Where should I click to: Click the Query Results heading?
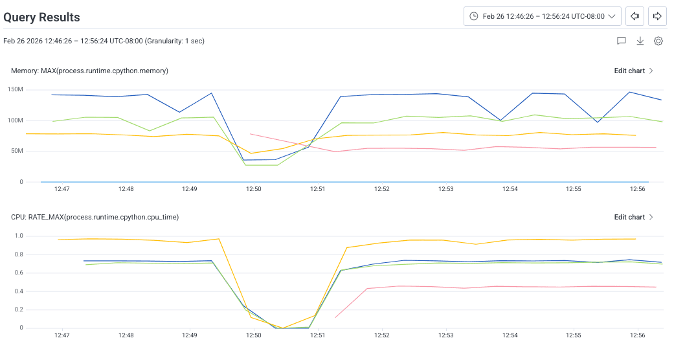point(42,17)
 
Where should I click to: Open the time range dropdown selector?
point(543,16)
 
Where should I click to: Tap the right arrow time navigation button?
point(658,16)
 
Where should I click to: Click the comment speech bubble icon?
point(622,41)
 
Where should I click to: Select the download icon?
point(640,41)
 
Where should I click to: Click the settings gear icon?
point(658,41)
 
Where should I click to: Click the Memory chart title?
point(89,71)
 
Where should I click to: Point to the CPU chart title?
point(95,217)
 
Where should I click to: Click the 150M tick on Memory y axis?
point(15,89)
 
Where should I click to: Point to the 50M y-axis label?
point(16,151)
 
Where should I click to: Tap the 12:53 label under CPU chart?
point(446,335)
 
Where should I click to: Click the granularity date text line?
point(104,41)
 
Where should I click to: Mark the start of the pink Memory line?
point(250,134)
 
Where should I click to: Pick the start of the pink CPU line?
point(335,317)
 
